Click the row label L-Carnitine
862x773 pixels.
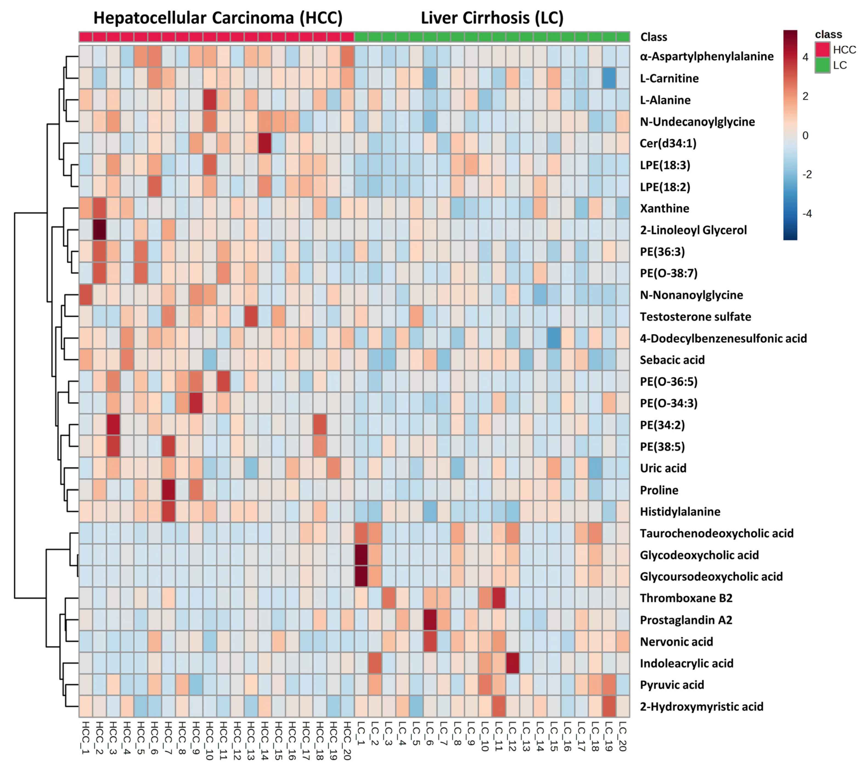tap(669, 78)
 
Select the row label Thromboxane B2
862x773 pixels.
tap(686, 598)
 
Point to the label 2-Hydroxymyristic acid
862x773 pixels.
tap(701, 706)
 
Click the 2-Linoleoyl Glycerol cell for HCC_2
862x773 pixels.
tap(99, 230)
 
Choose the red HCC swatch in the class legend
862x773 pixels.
tap(822, 50)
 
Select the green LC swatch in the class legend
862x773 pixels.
tap(822, 65)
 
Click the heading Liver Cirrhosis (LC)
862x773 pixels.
tap(492, 18)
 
